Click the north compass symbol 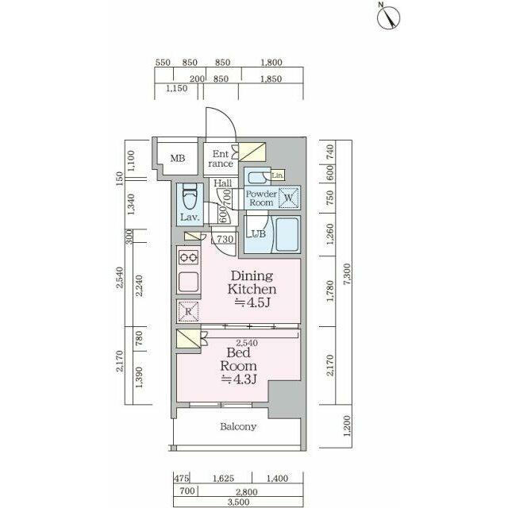pos(388,17)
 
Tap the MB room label pos(178,159)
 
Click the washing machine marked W pos(289,198)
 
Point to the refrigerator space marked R pos(188,311)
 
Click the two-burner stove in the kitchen pos(189,257)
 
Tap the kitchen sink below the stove pos(189,282)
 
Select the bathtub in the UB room pos(287,234)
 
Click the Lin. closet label pos(278,175)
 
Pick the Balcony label pos(238,426)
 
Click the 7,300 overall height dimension pos(347,275)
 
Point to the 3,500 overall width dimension pos(238,502)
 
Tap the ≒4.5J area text pos(252,302)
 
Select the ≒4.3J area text pos(239,379)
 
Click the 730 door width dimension pos(225,239)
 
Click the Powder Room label pos(261,198)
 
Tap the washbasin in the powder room pos(258,177)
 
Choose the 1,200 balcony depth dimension pos(347,425)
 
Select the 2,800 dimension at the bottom pos(247,492)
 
